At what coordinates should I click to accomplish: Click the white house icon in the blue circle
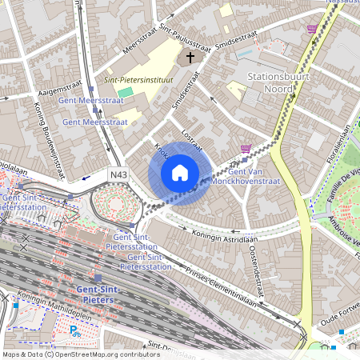[x=180, y=173]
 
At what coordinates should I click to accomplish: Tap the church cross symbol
[x=190, y=57]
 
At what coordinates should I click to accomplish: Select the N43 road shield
[x=118, y=174]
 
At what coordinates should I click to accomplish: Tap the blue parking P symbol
[x=74, y=329]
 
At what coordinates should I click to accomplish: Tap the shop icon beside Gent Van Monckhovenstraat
[x=246, y=149]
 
